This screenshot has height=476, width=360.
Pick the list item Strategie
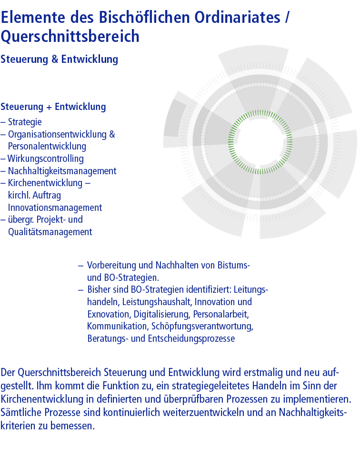pos(25,122)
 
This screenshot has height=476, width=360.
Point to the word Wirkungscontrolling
pos(46,159)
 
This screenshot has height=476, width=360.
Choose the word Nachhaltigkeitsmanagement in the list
pos(62,171)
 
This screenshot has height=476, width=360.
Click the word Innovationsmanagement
pos(55,208)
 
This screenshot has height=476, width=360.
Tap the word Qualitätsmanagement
pos(50,232)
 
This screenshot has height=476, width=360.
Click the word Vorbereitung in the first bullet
pos(110,265)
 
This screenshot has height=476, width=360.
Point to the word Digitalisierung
pos(161,314)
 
